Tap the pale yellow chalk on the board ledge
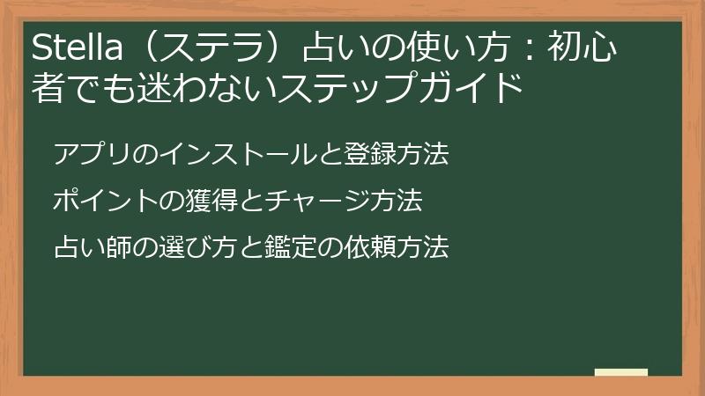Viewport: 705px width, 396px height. tap(620, 372)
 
